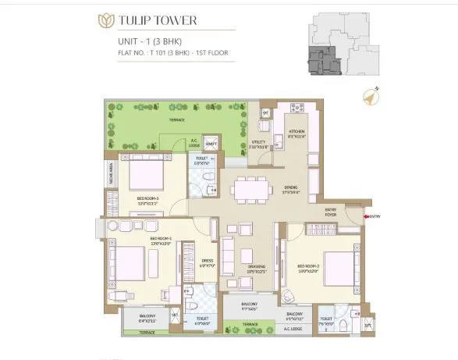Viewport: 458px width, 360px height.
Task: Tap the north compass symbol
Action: (371, 98)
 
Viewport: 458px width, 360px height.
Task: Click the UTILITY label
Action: (259, 143)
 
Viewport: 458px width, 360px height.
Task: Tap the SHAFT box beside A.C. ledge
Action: (211, 143)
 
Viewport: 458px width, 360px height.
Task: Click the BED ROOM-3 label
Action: (147, 199)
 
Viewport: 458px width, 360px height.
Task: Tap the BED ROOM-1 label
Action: (161, 239)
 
